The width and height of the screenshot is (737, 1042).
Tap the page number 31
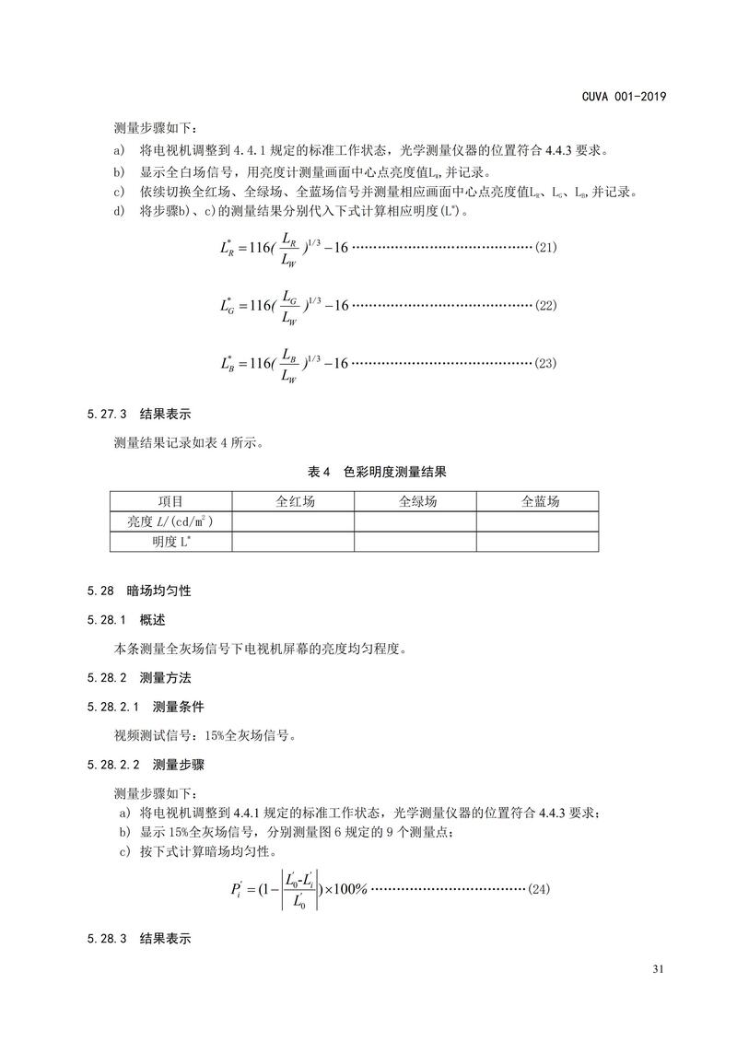pyautogui.click(x=658, y=968)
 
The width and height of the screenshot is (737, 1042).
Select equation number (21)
pyautogui.click(x=546, y=248)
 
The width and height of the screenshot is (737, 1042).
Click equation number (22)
pyautogui.click(x=546, y=305)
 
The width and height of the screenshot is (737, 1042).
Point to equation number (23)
pyautogui.click(x=546, y=363)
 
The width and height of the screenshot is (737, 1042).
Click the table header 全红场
pyautogui.click(x=293, y=501)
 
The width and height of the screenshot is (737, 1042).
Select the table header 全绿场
pyautogui.click(x=415, y=501)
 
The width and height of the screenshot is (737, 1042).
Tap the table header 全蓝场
pyautogui.click(x=538, y=501)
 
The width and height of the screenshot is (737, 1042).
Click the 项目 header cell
pyautogui.click(x=170, y=501)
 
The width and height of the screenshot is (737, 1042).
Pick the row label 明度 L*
pyautogui.click(x=170, y=542)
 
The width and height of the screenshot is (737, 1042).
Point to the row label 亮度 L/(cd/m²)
pyautogui.click(x=170, y=521)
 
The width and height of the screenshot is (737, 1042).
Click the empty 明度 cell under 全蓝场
pyautogui.click(x=538, y=542)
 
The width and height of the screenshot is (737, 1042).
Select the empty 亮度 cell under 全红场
pyautogui.click(x=293, y=521)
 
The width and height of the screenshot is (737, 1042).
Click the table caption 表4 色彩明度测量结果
pyautogui.click(x=377, y=472)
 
